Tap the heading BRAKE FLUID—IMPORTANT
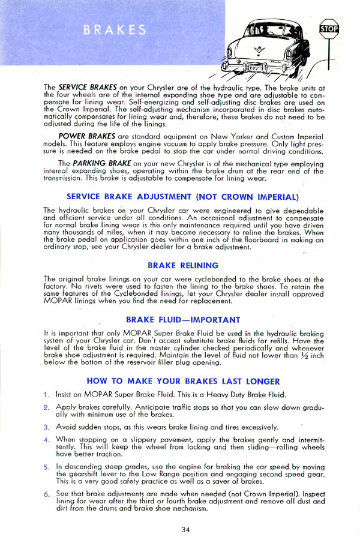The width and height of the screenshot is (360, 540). point(184,319)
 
